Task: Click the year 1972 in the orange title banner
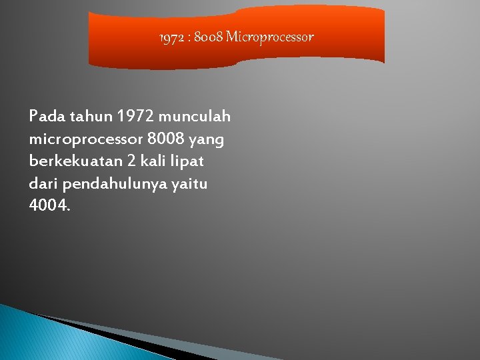[x=173, y=37]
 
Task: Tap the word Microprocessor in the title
[x=270, y=37]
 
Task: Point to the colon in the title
[x=190, y=38]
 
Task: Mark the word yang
[x=207, y=141]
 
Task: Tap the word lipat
[x=189, y=162]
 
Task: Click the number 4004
[x=49, y=205]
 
